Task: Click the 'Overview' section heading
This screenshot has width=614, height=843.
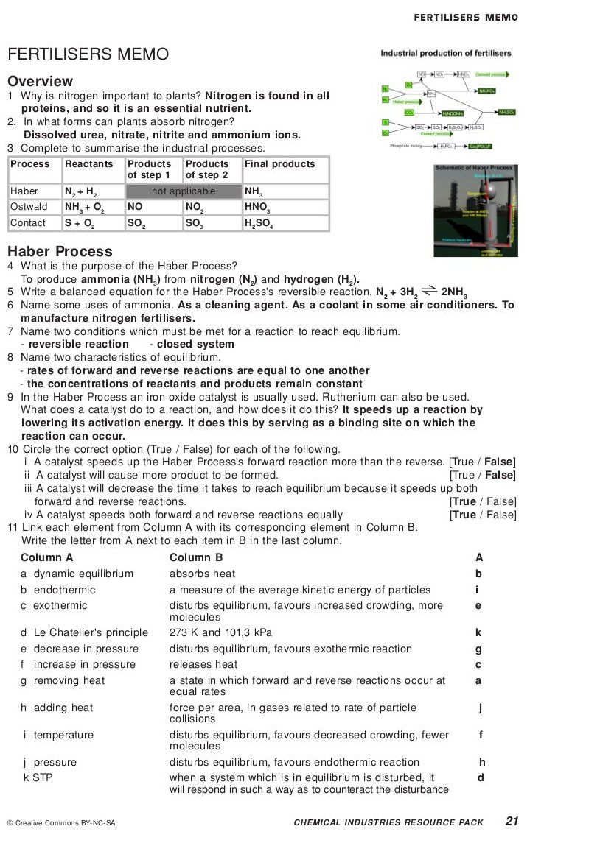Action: [41, 81]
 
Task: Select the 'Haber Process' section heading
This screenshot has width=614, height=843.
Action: [60, 251]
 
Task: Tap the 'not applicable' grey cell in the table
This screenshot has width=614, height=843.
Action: [184, 191]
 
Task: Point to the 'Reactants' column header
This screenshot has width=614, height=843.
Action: [89, 164]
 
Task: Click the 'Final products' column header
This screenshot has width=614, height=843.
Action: [279, 164]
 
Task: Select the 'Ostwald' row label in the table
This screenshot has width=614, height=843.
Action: [29, 207]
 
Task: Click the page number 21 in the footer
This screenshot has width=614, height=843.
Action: [512, 821]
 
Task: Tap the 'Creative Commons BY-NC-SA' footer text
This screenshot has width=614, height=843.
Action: [61, 822]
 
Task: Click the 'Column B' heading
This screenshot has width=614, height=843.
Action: [196, 557]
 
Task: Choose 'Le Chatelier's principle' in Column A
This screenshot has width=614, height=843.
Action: [85, 632]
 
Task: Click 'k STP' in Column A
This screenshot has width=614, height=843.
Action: [38, 777]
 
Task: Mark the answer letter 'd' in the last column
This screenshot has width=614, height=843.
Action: [480, 777]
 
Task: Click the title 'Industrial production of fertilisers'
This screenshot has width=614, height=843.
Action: [446, 53]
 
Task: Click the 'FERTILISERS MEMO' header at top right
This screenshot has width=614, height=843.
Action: [466, 17]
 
